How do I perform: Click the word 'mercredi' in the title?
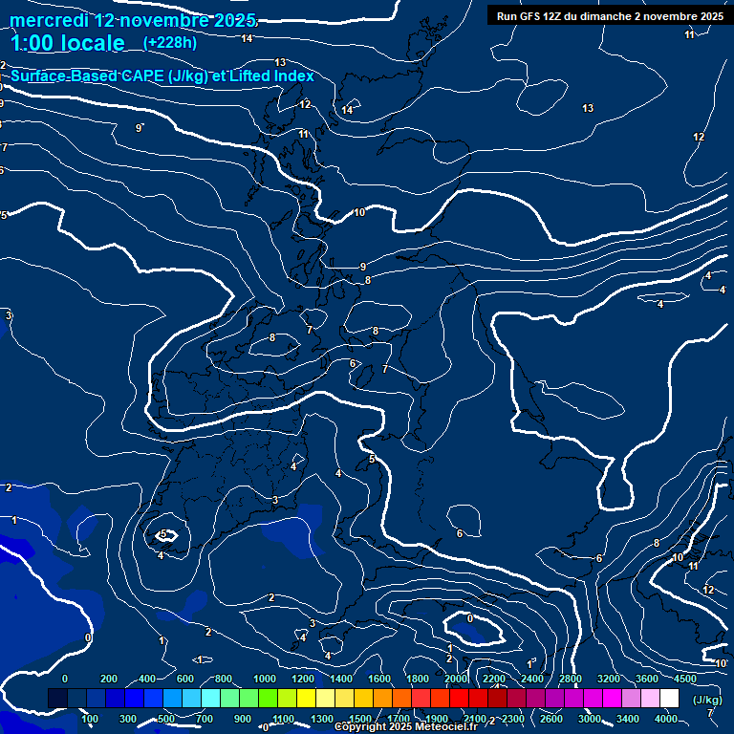49,20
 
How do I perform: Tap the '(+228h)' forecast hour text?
171,42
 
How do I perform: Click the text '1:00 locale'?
68,43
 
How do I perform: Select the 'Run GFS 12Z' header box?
609,15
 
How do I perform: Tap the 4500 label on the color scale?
685,679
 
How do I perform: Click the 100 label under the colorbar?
90,719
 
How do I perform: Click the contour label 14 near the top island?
347,110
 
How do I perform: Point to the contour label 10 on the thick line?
359,212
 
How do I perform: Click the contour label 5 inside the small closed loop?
163,534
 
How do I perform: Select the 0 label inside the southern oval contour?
469,618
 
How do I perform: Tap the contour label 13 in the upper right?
588,108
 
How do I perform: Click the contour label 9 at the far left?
139,128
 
